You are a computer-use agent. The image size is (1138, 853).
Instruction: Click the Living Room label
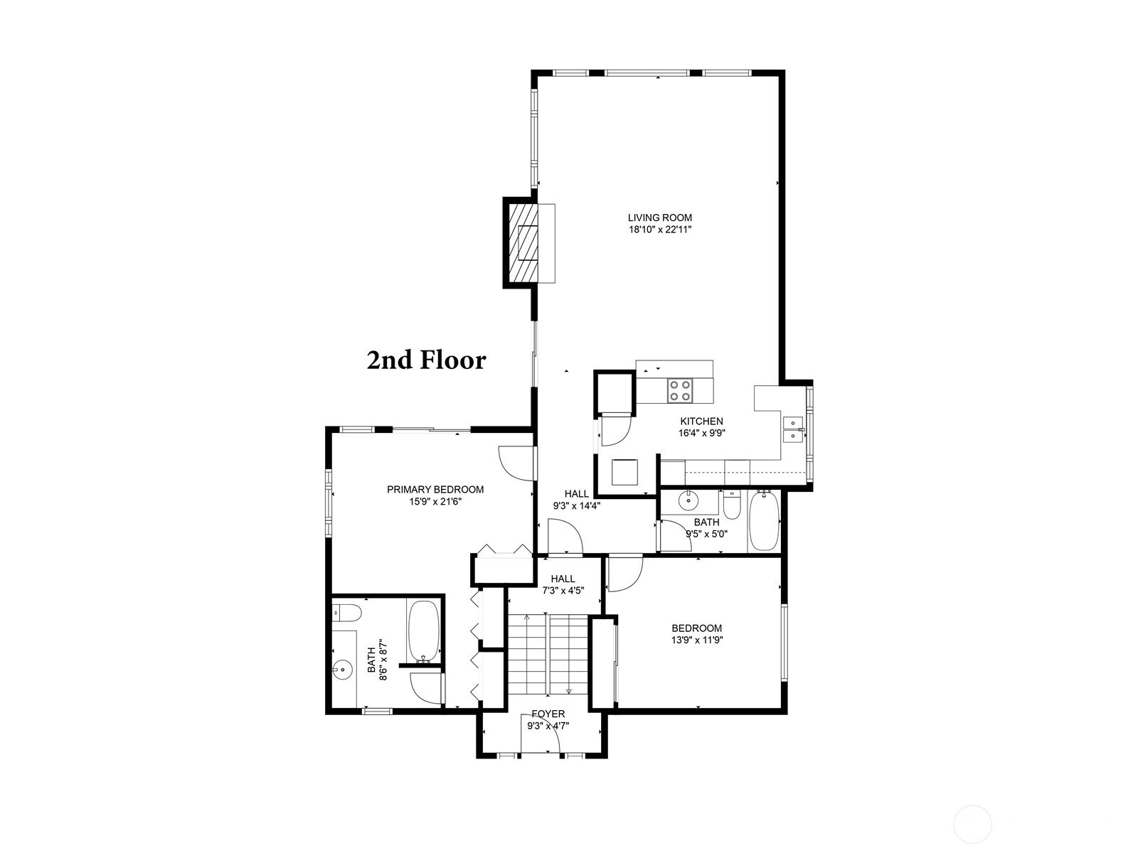(x=659, y=218)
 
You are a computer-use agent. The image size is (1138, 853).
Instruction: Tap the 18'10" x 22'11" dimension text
(x=660, y=230)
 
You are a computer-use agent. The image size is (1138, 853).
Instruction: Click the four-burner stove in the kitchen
(x=680, y=390)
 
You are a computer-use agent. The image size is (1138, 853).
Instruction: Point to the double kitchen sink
(x=793, y=429)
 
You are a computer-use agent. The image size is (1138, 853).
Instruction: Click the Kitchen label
(x=701, y=422)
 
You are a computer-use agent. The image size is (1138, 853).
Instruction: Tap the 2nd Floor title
(x=426, y=360)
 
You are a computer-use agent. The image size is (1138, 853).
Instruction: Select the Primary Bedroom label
(x=435, y=490)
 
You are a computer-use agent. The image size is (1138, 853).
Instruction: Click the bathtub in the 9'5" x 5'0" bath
(x=764, y=520)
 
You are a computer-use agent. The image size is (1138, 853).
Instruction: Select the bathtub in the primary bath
(x=424, y=631)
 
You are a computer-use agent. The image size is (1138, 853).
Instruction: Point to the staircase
(x=548, y=654)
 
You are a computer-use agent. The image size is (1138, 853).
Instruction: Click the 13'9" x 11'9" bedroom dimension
(x=697, y=640)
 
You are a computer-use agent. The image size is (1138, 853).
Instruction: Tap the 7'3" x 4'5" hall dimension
(x=563, y=591)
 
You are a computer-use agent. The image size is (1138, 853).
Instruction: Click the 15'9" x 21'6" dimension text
(x=435, y=501)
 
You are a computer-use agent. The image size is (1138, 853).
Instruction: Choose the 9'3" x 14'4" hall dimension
(x=577, y=505)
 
